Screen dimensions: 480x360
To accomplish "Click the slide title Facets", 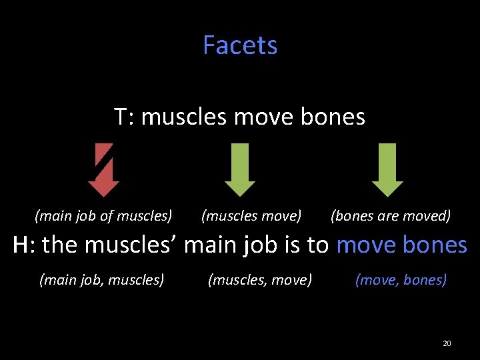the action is click(x=240, y=45).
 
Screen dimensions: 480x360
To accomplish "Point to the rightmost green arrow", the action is click(x=387, y=171).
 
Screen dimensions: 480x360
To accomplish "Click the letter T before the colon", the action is click(x=121, y=117).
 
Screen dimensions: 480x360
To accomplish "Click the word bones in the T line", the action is click(x=333, y=117).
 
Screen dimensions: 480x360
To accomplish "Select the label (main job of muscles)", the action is click(x=103, y=216).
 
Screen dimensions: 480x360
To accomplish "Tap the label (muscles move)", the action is click(x=251, y=216).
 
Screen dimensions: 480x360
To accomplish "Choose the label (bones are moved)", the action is click(x=391, y=216).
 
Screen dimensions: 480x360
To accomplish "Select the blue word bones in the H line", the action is click(x=435, y=245).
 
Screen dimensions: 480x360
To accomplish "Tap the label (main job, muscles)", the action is click(x=102, y=280).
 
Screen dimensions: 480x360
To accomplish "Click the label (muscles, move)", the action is click(x=260, y=280).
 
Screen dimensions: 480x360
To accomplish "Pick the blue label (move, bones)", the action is click(x=401, y=280).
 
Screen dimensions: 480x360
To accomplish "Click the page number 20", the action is click(x=447, y=343).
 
